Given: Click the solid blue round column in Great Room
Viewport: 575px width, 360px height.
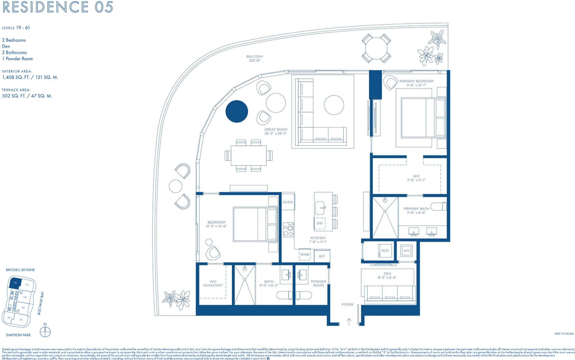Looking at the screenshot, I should (x=236, y=111).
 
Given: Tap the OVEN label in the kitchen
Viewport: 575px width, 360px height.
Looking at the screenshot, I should (x=287, y=202).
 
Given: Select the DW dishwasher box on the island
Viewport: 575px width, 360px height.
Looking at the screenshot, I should (x=320, y=223).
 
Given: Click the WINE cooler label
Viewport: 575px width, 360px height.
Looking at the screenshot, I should (x=305, y=254).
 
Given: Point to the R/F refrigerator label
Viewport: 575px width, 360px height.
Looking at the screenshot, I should (x=322, y=256).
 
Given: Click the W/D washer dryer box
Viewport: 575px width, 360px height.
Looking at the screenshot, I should (x=385, y=251).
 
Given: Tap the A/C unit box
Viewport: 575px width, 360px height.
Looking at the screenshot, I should (x=406, y=251).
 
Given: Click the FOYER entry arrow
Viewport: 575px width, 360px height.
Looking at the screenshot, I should (x=349, y=322).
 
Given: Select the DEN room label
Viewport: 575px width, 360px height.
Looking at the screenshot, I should (x=387, y=274).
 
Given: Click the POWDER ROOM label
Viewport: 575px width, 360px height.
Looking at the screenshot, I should (x=318, y=283).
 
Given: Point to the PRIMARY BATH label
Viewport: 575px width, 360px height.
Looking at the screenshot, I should (x=416, y=208).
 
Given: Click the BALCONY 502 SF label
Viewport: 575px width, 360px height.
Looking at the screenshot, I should (x=254, y=58).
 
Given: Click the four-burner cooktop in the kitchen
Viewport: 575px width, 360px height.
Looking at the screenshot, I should (x=288, y=229).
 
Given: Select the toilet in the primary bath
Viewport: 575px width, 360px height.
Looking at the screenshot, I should (x=438, y=207).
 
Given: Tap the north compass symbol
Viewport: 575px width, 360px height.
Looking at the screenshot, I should (x=45, y=332).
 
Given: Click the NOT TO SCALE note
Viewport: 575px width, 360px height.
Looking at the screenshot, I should (x=564, y=333).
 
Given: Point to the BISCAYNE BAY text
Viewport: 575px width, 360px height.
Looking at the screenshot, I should (x=41, y=303).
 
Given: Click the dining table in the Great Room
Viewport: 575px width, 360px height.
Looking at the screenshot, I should (x=249, y=155).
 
